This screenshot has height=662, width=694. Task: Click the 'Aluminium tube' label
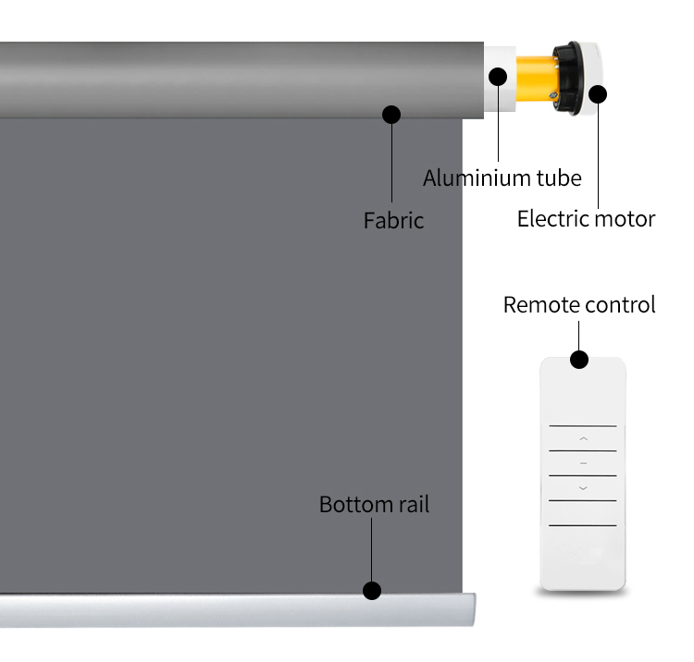coord(502,178)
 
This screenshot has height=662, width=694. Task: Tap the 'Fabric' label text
coord(393,220)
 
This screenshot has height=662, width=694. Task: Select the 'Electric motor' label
coord(586,218)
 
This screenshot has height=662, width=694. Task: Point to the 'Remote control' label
coord(579,305)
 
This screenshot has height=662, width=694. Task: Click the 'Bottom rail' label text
coord(374,504)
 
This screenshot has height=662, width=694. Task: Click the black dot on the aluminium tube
coord(498,77)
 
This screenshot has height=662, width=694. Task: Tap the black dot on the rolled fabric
coord(391,115)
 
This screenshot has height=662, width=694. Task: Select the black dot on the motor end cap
coord(598,94)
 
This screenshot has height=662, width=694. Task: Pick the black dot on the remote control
coord(579,360)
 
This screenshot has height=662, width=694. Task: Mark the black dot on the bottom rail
coord(372,591)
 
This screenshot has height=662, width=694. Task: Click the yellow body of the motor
coord(536,79)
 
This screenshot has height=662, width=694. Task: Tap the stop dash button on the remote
coord(583,463)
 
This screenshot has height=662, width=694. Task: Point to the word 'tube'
coord(559,178)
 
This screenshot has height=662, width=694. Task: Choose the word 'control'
coord(619,305)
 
